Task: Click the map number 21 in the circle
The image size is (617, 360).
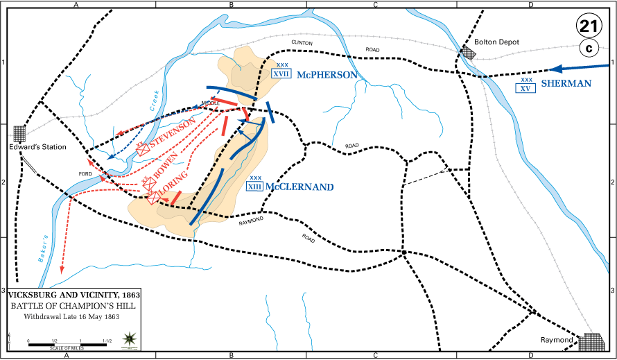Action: click(589, 27)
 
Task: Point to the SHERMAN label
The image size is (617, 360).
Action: click(566, 83)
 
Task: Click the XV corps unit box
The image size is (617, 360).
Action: click(526, 88)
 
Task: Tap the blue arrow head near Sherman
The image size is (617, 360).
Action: click(555, 69)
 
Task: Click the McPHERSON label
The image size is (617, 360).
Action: click(328, 74)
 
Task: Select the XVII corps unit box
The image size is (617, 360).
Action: click(281, 74)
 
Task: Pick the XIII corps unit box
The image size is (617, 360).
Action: click(255, 186)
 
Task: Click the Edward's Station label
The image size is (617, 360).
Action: click(38, 146)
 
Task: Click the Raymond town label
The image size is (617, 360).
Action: click(557, 341)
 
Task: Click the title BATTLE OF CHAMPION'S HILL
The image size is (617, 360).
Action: click(72, 306)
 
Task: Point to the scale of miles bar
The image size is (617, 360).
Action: click(68, 345)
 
